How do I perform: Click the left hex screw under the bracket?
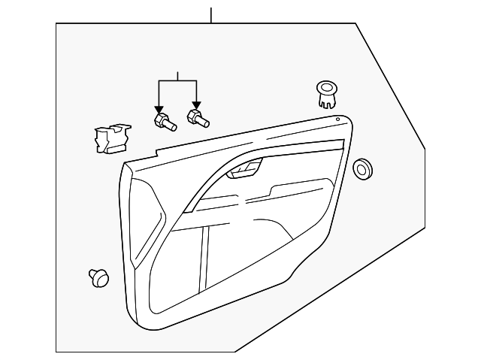(164, 121)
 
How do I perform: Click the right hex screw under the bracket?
(199, 118)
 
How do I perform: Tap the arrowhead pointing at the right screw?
(196, 106)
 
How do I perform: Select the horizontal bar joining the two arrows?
(177, 81)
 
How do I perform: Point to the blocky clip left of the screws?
(108, 138)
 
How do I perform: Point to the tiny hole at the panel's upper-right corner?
(338, 119)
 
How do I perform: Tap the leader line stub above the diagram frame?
(211, 14)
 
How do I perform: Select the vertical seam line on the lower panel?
(203, 263)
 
